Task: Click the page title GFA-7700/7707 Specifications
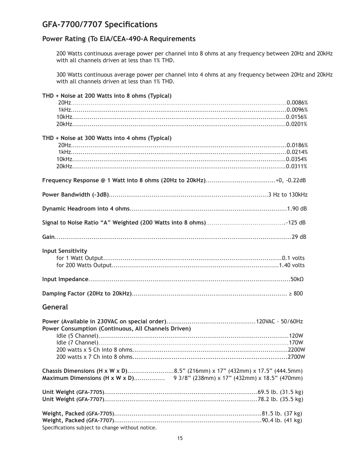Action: (x=100, y=25)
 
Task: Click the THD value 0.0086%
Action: (x=297, y=103)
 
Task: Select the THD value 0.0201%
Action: (x=296, y=124)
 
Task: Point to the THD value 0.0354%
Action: (x=296, y=159)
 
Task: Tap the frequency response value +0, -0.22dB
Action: (x=291, y=180)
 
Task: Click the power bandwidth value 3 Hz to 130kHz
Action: (x=288, y=195)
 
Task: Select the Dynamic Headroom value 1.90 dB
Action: (x=297, y=209)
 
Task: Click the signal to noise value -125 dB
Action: (x=295, y=223)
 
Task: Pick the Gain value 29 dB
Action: (x=299, y=237)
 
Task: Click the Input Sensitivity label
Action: (x=65, y=251)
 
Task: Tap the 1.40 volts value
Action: (x=292, y=265)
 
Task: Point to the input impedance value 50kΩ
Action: (x=297, y=279)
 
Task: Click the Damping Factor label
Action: (x=87, y=294)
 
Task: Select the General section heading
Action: (x=55, y=307)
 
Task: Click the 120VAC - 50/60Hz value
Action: (x=279, y=321)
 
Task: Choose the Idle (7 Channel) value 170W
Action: (x=296, y=343)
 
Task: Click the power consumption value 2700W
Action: (x=296, y=357)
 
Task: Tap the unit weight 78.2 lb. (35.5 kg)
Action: (x=280, y=399)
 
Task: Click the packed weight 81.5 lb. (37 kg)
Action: (x=282, y=414)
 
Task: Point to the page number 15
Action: (x=180, y=438)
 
